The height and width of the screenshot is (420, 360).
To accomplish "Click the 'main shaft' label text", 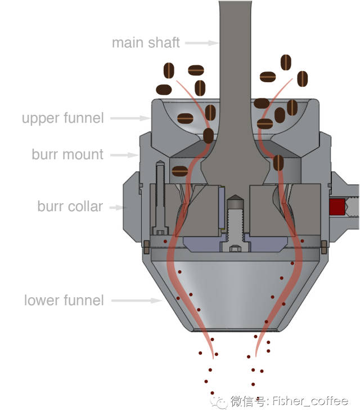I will [146, 42].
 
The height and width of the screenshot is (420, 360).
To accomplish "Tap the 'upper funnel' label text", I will [62, 118].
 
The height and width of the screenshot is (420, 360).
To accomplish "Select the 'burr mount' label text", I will [67, 154].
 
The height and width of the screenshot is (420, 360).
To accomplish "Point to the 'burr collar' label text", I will [70, 206].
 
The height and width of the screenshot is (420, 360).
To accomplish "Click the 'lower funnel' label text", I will [64, 300].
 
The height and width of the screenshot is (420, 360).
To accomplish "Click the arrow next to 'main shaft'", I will [201, 42].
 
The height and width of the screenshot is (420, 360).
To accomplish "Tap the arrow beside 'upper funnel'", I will [129, 118].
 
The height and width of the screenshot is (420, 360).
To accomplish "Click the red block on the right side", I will [337, 207].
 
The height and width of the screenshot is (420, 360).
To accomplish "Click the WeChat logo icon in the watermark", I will [219, 402].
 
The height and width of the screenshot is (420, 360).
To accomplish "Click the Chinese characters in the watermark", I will [250, 402].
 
